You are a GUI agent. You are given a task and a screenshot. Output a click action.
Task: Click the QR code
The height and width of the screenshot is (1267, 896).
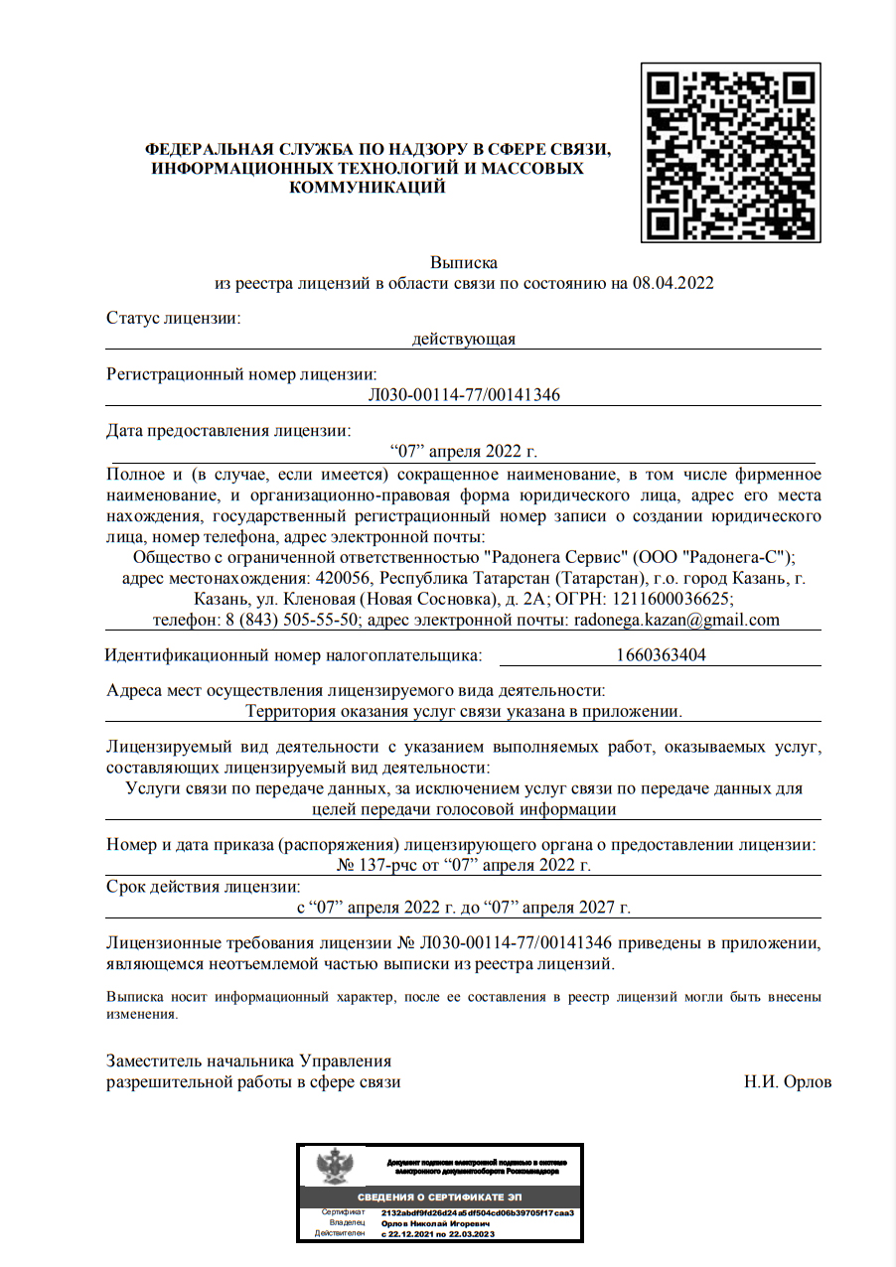(730, 152)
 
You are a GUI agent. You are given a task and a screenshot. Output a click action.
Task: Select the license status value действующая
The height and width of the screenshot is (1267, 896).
(464, 340)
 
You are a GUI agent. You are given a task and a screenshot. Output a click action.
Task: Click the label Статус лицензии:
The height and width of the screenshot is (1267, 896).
(174, 319)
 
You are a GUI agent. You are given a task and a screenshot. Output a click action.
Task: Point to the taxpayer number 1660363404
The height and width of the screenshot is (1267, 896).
(661, 655)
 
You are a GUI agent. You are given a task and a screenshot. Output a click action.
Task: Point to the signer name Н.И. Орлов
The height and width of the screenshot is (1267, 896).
(788, 1082)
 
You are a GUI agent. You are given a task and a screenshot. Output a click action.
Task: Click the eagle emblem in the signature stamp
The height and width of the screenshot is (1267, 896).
(330, 1167)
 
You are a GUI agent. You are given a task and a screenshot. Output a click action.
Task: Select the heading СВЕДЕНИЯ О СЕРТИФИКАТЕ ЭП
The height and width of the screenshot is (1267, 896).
(439, 1197)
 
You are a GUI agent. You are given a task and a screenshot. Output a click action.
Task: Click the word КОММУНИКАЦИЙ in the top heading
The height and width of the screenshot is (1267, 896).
(367, 187)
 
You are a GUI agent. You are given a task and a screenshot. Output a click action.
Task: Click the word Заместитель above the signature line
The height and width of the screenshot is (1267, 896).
(159, 1061)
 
